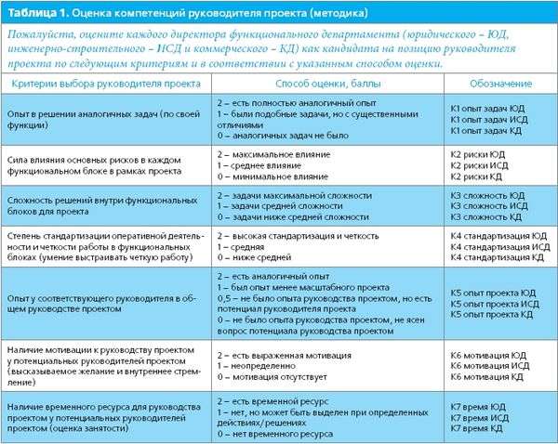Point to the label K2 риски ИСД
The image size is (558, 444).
[x=480, y=163]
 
